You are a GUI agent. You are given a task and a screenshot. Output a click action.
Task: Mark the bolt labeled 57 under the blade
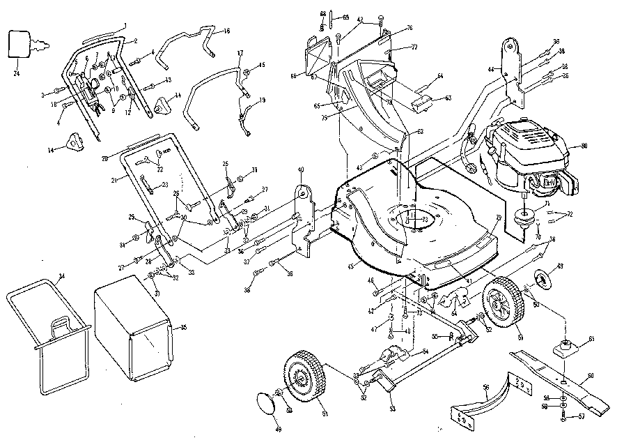[562, 417]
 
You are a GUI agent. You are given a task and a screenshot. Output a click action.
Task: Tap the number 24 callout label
[16, 71]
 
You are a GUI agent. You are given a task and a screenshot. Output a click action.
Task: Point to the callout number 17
[239, 54]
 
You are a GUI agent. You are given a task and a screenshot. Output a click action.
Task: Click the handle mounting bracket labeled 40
[302, 209]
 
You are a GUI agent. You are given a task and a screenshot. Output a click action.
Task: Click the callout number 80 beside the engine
[584, 146]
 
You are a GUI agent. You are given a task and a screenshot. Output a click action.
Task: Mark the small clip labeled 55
[452, 337]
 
